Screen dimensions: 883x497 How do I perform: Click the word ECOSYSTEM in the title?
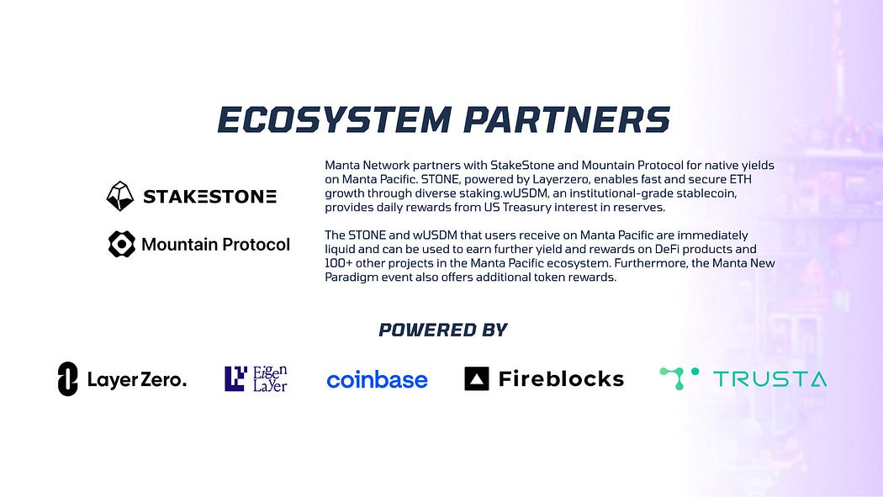(x=335, y=119)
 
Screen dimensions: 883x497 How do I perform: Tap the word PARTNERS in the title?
(x=567, y=119)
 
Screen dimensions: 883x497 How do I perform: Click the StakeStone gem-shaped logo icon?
(x=120, y=196)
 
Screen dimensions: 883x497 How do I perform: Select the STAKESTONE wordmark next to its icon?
(x=209, y=197)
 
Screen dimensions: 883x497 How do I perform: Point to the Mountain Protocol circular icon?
(x=122, y=244)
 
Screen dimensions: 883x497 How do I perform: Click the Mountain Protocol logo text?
(x=215, y=244)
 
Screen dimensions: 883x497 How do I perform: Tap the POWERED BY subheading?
(x=443, y=330)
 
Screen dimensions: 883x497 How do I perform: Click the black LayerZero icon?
(x=67, y=378)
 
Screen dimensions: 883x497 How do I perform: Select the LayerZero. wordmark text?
(x=137, y=380)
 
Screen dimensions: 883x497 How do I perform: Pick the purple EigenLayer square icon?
(x=235, y=378)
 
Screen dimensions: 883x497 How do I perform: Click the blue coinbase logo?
(x=378, y=380)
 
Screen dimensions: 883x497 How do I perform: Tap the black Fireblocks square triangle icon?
(x=477, y=378)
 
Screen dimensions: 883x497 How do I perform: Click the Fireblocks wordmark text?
(x=562, y=378)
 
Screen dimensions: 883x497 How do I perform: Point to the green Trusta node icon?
(x=679, y=378)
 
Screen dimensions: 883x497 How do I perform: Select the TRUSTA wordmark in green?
(x=769, y=379)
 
